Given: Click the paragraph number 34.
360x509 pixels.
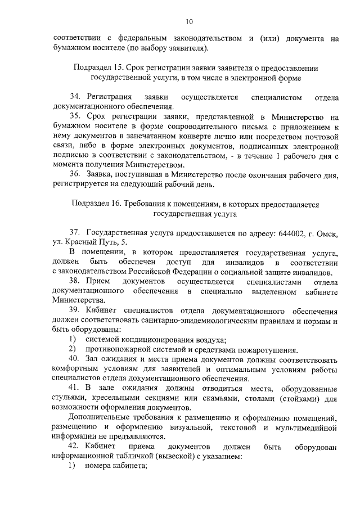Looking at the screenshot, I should tap(75, 97).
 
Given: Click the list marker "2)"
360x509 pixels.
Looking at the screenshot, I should tap(73, 349).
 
